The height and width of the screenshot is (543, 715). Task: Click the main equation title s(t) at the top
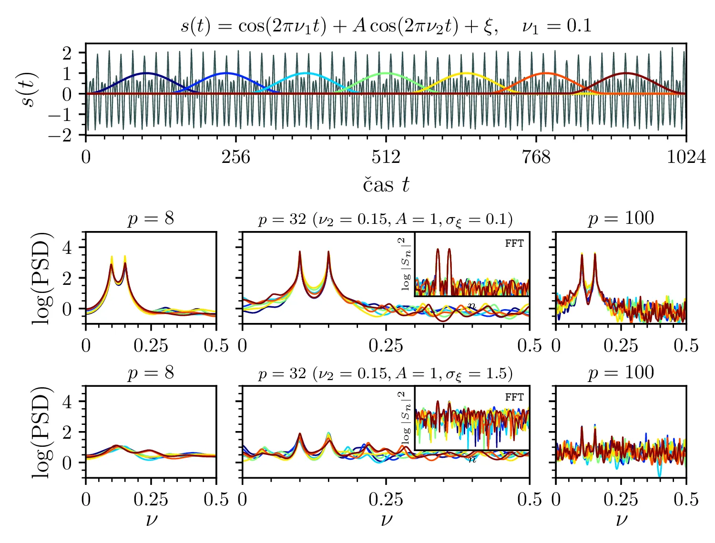386,25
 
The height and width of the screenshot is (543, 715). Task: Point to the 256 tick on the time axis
235,157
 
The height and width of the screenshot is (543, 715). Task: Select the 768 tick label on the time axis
536,157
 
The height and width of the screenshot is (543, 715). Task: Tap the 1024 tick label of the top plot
686,157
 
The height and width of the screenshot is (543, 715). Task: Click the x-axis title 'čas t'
386,185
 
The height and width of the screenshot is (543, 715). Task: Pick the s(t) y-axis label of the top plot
30,90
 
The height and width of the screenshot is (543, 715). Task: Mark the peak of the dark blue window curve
146,73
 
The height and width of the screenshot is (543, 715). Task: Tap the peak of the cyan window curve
306,73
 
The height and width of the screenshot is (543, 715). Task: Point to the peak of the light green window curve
386,73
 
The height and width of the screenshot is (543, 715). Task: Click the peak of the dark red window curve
626,73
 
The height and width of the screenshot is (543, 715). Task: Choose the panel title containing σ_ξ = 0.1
386,219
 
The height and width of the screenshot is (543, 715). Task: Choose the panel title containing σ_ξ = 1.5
386,373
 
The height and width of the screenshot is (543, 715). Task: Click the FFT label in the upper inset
514,243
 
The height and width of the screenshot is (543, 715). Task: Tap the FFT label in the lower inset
514,397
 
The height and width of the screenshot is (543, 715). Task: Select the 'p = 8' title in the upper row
151,219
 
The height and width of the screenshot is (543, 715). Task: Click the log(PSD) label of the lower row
41,432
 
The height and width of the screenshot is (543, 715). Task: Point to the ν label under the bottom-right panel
621,519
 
